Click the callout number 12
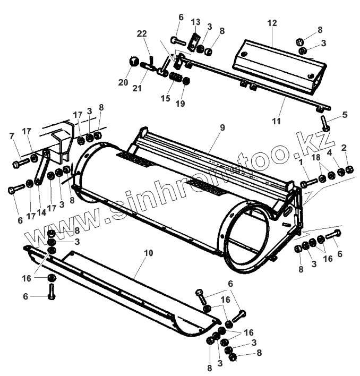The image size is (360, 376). pyautogui.click(x=272, y=24)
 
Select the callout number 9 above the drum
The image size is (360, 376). pyautogui.click(x=222, y=127)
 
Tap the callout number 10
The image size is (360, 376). pyautogui.click(x=148, y=253)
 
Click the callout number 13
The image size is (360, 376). pyautogui.click(x=196, y=22)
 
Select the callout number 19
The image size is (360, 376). pyautogui.click(x=180, y=104)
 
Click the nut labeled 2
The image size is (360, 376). pyautogui.click(x=349, y=170)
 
